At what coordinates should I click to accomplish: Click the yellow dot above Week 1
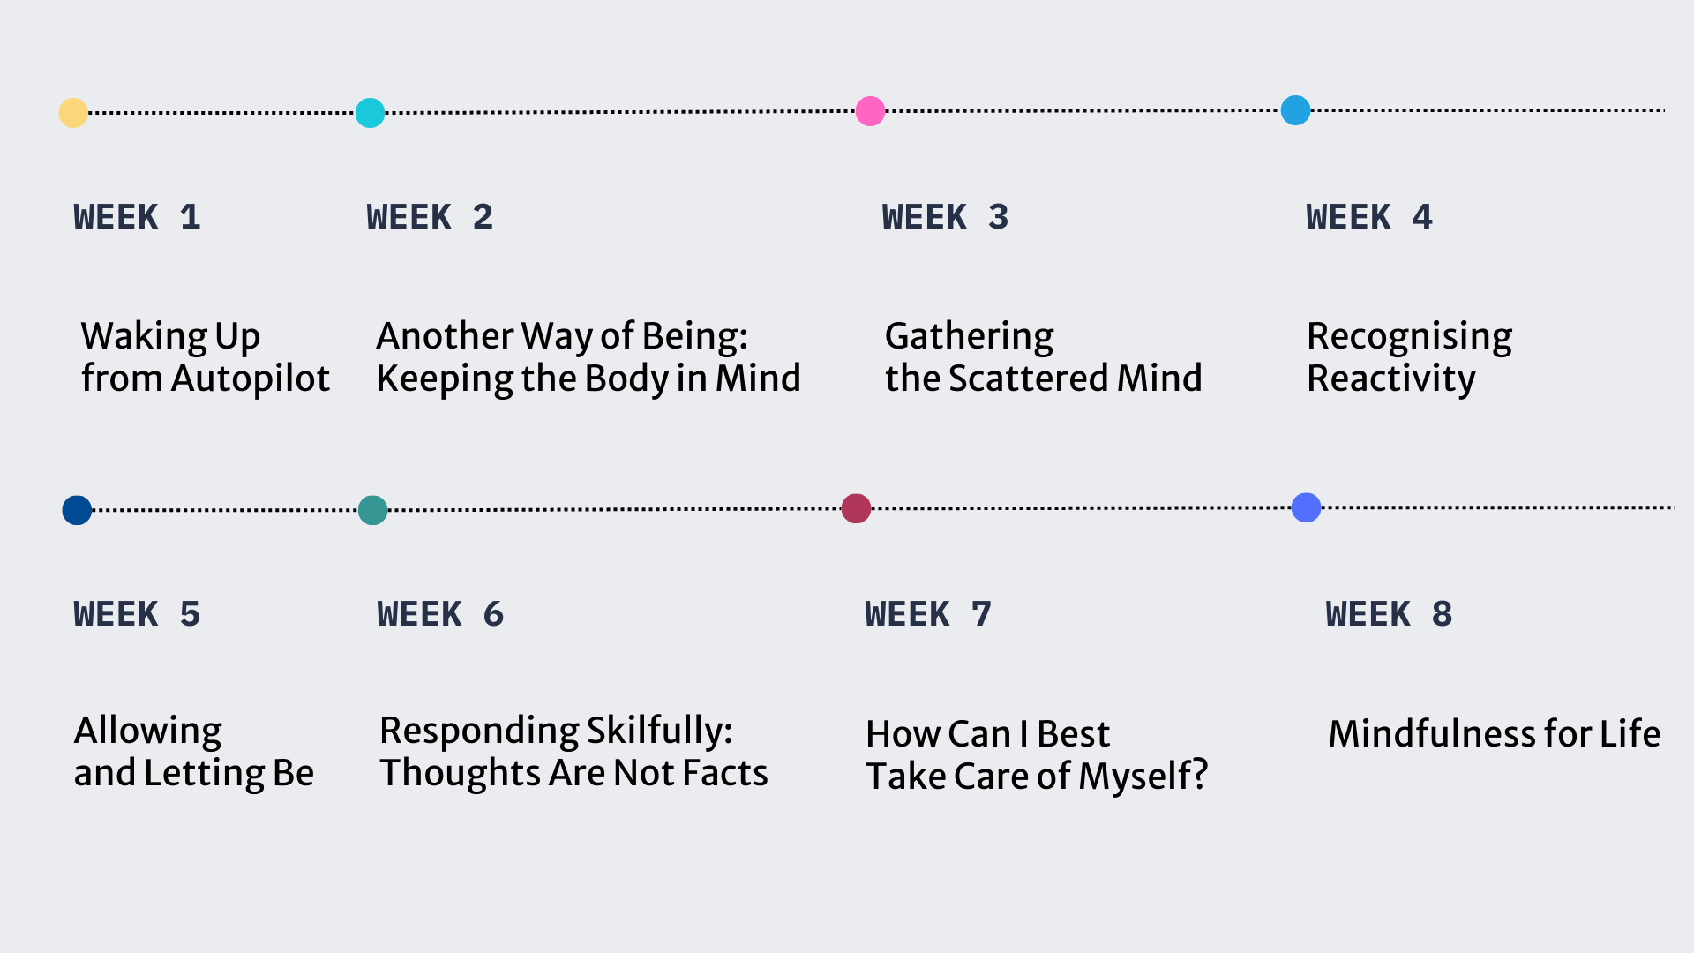click(x=73, y=113)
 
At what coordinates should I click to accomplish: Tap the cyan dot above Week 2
click(x=370, y=113)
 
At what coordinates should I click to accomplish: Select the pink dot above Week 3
click(x=870, y=111)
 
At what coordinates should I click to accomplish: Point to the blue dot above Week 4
click(x=1295, y=110)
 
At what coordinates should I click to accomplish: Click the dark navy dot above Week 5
click(x=77, y=510)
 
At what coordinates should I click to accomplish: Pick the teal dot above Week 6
click(x=372, y=510)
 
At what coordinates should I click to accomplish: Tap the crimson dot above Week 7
click(x=856, y=508)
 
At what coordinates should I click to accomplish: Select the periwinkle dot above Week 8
click(x=1306, y=507)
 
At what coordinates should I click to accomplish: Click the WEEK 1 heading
click(x=138, y=217)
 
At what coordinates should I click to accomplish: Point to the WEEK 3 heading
click(x=945, y=217)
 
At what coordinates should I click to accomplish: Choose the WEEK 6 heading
click(x=440, y=614)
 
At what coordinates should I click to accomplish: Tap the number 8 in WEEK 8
click(x=1442, y=614)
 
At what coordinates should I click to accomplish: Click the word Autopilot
click(x=251, y=379)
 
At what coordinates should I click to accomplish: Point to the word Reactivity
click(x=1391, y=379)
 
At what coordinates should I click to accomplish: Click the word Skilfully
click(x=659, y=732)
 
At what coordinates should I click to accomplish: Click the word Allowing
click(x=148, y=732)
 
